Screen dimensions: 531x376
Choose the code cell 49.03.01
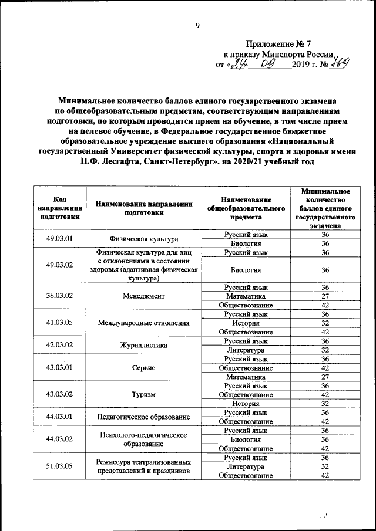tap(59, 239)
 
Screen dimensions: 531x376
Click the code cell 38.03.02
tap(59, 296)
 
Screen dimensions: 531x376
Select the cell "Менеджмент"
tap(144, 296)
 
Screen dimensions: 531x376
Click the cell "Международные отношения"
tap(144, 323)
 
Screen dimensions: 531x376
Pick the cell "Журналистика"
tap(144, 345)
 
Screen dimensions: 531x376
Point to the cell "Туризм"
tap(144, 394)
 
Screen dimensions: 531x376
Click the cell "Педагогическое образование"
tap(144, 417)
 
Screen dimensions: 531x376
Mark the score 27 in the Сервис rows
tap(325, 376)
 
